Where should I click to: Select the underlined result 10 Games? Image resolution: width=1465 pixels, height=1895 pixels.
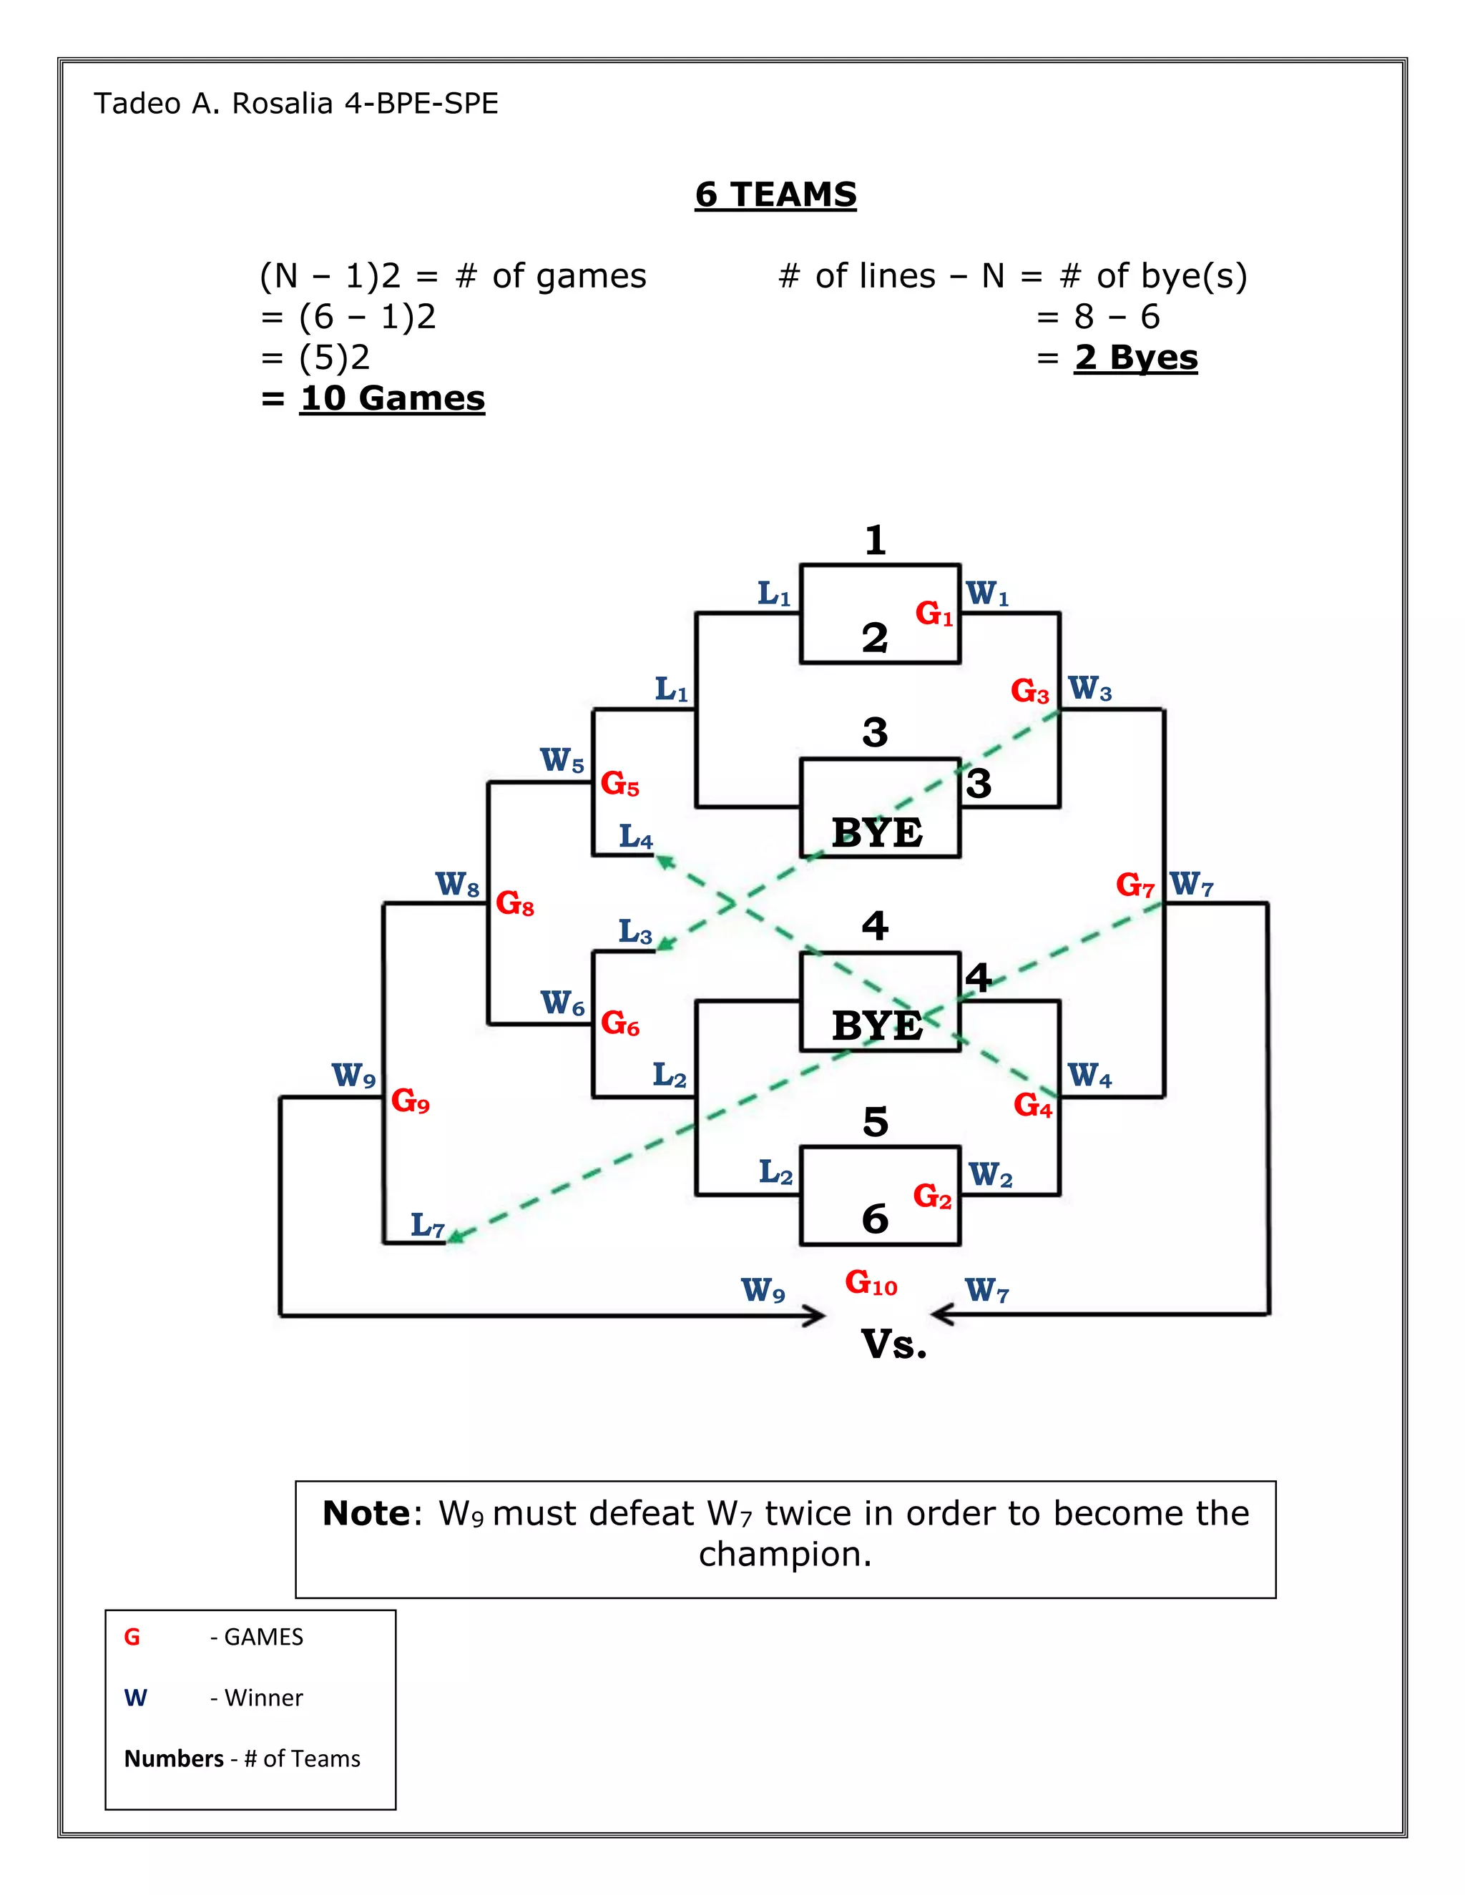tap(391, 398)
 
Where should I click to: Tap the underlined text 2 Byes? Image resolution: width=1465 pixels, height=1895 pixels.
tap(1135, 358)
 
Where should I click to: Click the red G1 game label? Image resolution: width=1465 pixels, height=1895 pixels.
tap(934, 614)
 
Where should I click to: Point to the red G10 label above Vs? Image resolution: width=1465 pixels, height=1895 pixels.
tap(871, 1282)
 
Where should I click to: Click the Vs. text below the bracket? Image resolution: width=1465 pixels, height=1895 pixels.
tap(894, 1344)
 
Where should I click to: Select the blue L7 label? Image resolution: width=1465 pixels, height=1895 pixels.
tap(428, 1225)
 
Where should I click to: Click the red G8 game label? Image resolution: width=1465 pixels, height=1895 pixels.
tap(514, 903)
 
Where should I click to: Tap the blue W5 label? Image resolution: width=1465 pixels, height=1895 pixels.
tap(562, 760)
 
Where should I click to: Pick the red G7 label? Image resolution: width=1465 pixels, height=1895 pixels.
tap(1135, 885)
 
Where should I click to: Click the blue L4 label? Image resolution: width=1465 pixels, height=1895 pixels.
tap(635, 837)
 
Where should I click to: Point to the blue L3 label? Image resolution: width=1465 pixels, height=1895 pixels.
tap(634, 932)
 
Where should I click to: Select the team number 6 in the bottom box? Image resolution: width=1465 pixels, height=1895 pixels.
tap(875, 1219)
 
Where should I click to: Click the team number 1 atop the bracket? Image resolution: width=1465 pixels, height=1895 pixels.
tap(875, 540)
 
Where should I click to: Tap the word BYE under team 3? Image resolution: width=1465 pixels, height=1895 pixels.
tap(876, 833)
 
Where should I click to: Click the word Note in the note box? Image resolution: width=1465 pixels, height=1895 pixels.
tap(366, 1513)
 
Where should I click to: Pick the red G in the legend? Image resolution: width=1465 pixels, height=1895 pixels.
tap(132, 1636)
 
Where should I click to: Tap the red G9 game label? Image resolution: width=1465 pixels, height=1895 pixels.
tap(410, 1101)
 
